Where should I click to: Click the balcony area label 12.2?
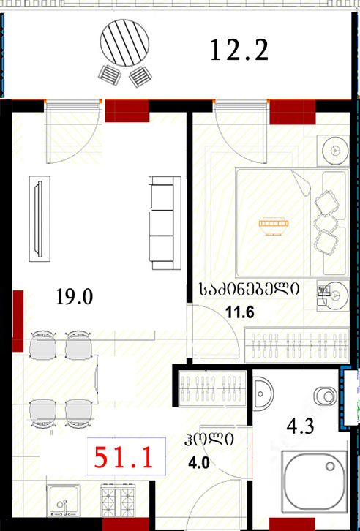pos(239,50)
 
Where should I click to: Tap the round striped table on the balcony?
pos(124,43)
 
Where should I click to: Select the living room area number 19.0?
pos(75,298)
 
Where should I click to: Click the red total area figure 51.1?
pos(123,457)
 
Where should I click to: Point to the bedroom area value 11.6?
pos(240,313)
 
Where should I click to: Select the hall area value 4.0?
pos(200,462)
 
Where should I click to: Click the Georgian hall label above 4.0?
pos(209,441)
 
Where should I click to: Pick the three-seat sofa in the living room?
pos(165,223)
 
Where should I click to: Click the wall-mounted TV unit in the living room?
pos(40,219)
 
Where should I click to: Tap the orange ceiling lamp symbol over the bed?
pos(274,225)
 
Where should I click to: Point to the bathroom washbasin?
pos(263,393)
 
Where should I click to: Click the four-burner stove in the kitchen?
pos(119,502)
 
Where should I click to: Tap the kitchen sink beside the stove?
pos(64,501)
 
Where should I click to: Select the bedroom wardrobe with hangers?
pos(296,345)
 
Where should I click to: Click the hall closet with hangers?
pos(212,388)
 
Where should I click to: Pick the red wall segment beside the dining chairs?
pos(18,320)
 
